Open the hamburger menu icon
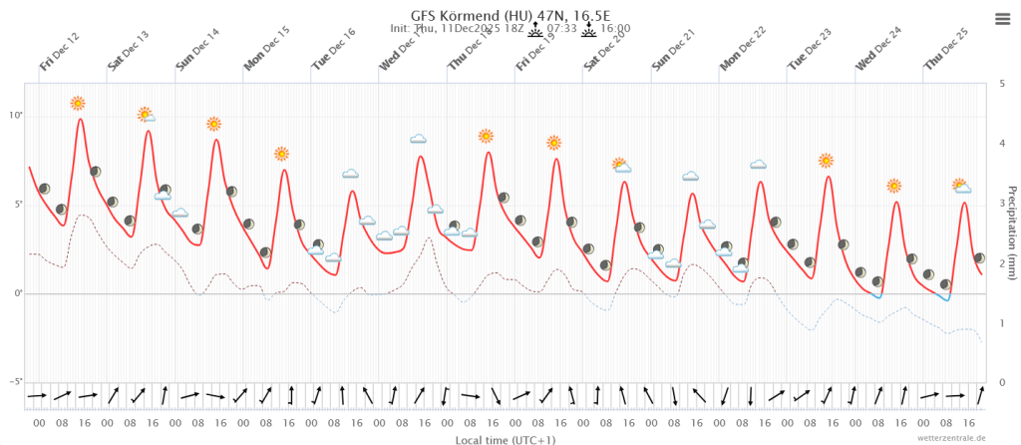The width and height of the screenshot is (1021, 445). [1002, 18]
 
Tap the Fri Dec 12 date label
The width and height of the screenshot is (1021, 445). [60, 57]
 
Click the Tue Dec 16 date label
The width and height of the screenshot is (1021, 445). [333, 57]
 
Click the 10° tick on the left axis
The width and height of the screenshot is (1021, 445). [16, 116]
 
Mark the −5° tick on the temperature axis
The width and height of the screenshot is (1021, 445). [15, 382]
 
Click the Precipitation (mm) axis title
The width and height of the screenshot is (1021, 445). [1012, 232]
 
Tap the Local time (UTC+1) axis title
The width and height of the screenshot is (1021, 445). [506, 439]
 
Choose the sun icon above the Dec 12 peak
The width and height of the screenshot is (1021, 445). [78, 103]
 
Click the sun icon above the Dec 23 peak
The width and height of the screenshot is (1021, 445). [826, 160]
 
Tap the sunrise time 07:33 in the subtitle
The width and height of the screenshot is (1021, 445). [562, 30]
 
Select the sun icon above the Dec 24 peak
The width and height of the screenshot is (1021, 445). [894, 186]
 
